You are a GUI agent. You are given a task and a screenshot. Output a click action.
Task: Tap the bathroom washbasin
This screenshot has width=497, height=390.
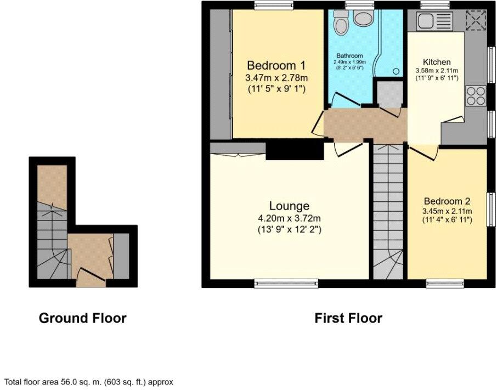[x=362, y=19]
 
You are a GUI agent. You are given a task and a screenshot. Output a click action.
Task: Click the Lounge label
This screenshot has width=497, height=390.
[x=289, y=206]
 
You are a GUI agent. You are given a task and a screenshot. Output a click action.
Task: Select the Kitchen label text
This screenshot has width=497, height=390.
[x=437, y=62]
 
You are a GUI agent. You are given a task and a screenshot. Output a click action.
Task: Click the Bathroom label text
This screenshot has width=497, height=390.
[x=349, y=56]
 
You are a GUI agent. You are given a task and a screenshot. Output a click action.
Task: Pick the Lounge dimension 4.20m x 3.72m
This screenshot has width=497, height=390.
[x=289, y=218]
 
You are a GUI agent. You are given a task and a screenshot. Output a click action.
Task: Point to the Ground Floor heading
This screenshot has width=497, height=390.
[x=82, y=318]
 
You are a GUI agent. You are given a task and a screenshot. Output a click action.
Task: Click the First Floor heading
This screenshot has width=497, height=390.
[x=348, y=318]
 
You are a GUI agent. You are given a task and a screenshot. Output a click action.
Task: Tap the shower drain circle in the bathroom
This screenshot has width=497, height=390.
[x=396, y=71]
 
